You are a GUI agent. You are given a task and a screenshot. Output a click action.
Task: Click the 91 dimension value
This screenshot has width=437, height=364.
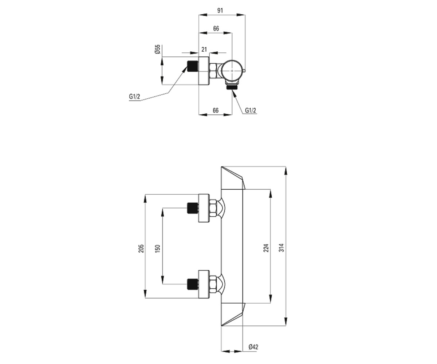pyautogui.click(x=220, y=11)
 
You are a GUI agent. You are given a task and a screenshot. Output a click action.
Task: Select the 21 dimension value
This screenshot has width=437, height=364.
pyautogui.click(x=204, y=50)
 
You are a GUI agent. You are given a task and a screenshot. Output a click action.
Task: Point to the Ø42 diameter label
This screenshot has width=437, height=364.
pyautogui.click(x=253, y=347)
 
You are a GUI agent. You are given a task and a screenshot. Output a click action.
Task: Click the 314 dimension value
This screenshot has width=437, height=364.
pyautogui.click(x=282, y=248)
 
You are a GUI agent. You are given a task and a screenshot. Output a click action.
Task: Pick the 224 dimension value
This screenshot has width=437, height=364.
pyautogui.click(x=266, y=248)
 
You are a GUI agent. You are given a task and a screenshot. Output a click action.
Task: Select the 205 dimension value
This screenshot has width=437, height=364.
pyautogui.click(x=141, y=248)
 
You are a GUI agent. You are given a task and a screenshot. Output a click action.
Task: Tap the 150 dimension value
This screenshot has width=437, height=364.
pyautogui.click(x=158, y=248)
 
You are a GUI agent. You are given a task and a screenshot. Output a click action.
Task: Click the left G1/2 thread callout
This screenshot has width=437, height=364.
pyautogui.click(x=134, y=97)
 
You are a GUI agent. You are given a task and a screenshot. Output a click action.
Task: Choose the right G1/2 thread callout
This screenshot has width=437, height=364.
pyautogui.click(x=251, y=110)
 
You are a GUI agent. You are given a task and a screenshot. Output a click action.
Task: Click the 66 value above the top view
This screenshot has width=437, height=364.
pyautogui.click(x=216, y=28)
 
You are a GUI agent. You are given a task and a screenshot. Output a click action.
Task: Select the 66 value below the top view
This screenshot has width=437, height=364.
pyautogui.click(x=216, y=110)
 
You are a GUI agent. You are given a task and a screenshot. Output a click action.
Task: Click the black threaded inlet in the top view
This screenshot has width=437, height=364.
pyautogui.click(x=193, y=66)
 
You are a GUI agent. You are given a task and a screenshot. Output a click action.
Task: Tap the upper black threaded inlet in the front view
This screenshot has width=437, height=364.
pyautogui.click(x=193, y=208)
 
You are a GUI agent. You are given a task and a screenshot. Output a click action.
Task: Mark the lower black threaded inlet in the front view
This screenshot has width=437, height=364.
pyautogui.click(x=193, y=284)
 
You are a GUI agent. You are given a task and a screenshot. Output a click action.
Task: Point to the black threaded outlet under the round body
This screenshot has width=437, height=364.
pyautogui.click(x=232, y=87)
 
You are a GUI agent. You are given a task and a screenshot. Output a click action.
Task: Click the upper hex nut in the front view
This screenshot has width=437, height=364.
pyautogui.click(x=213, y=208)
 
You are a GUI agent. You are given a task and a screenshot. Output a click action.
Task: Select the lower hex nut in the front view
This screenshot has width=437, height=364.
pyautogui.click(x=213, y=284)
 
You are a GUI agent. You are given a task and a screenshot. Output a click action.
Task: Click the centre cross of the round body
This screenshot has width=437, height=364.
pyautogui.click(x=232, y=71)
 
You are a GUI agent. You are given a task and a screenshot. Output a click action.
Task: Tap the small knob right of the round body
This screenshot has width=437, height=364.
pyautogui.click(x=244, y=71)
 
